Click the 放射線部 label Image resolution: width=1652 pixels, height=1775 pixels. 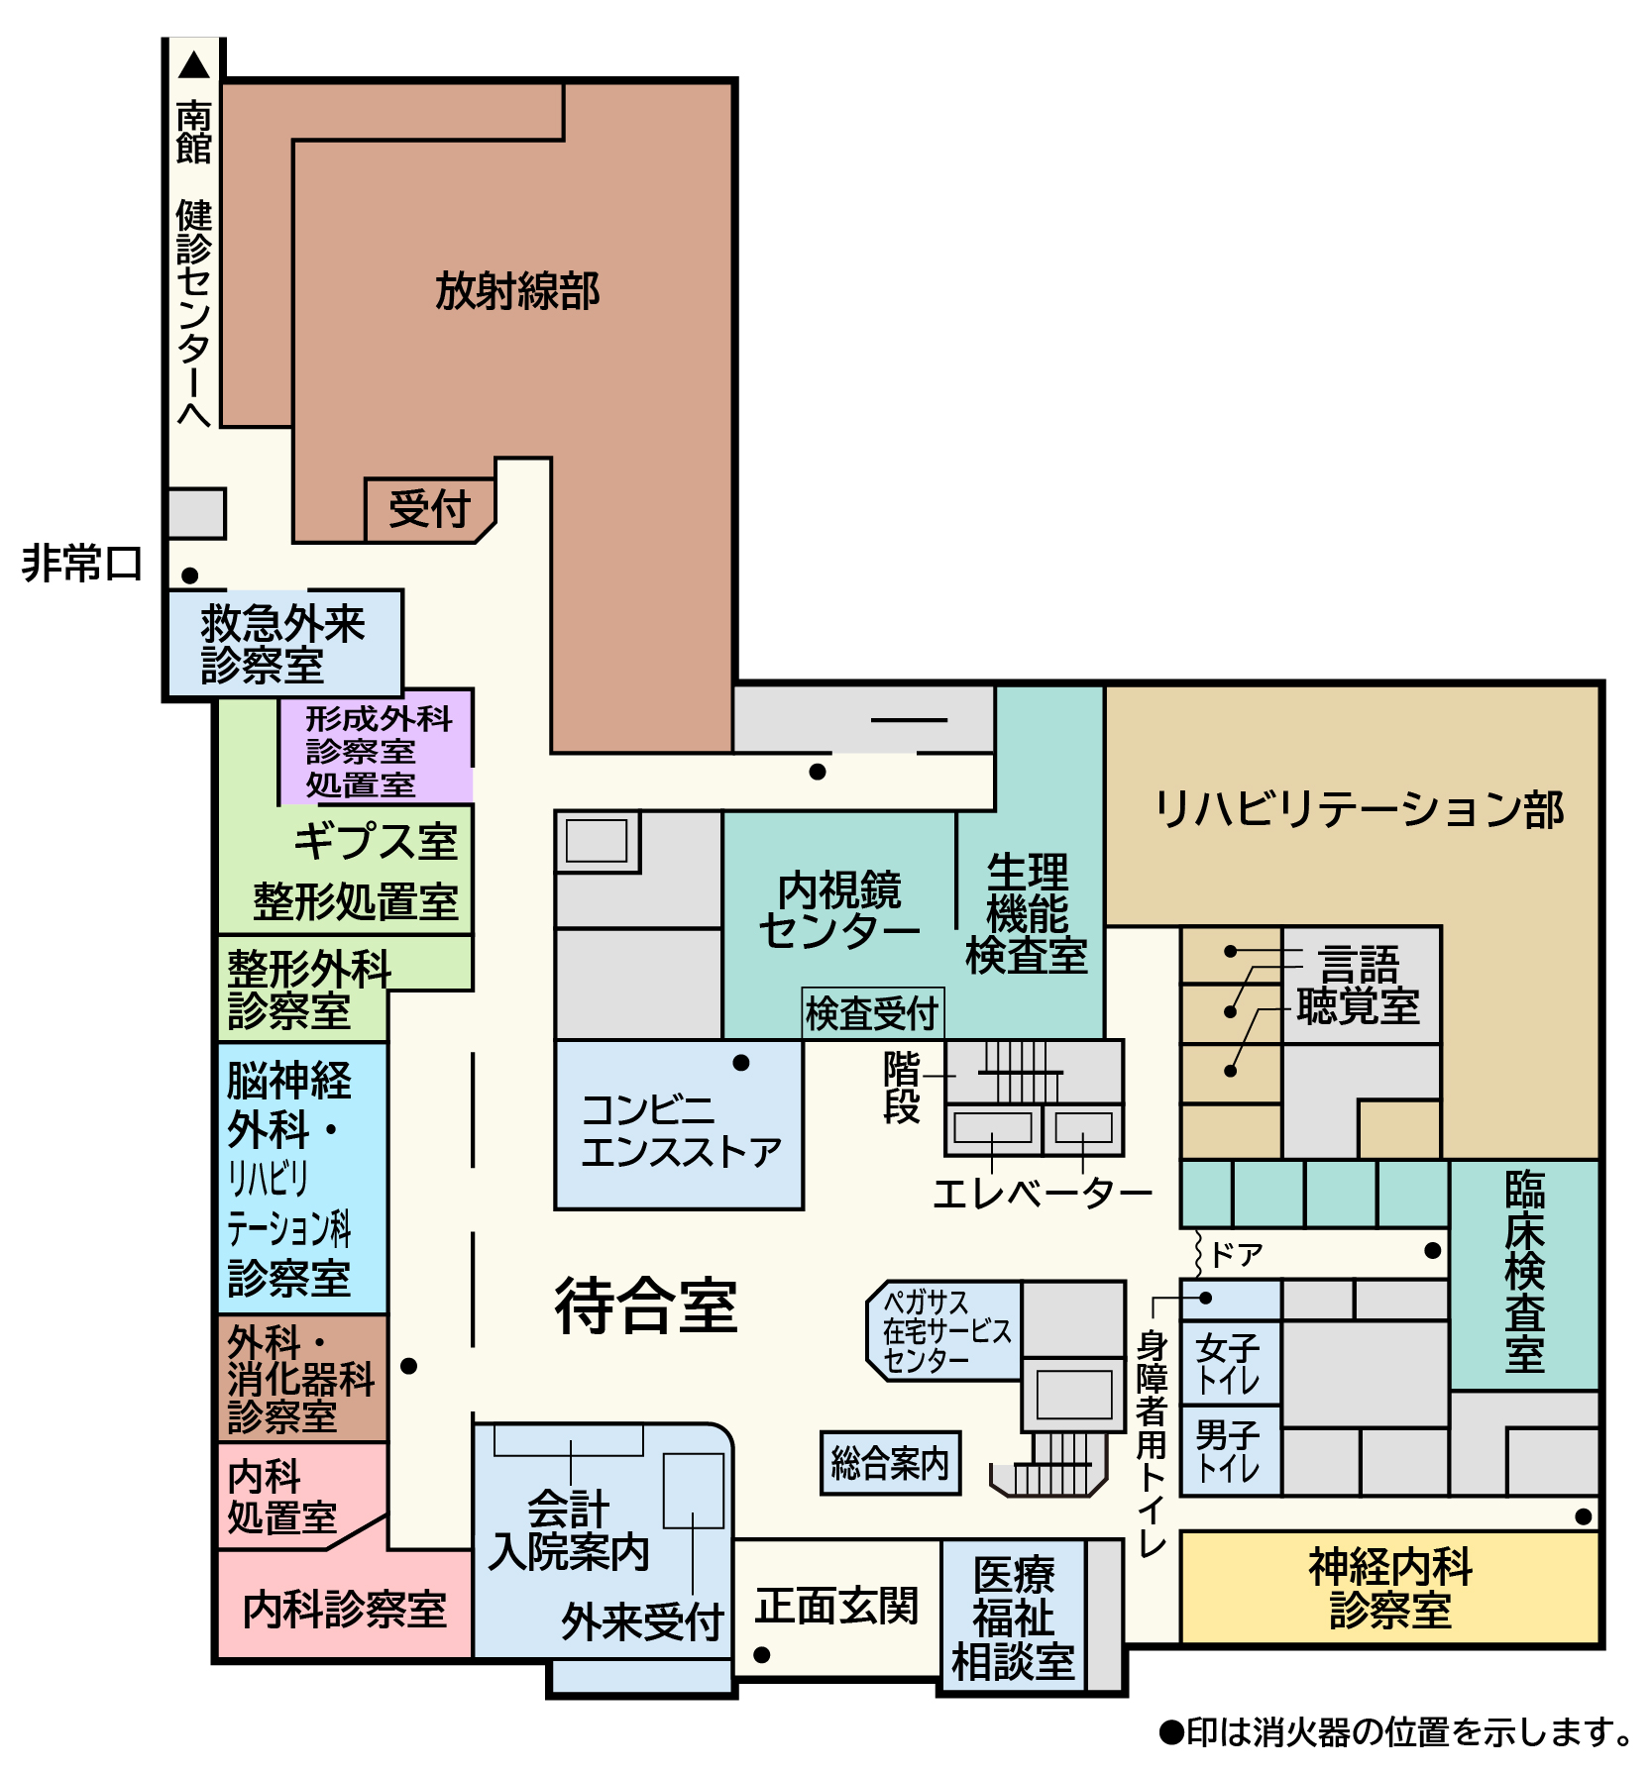pyautogui.click(x=517, y=291)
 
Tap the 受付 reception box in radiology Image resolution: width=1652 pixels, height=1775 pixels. pyautogui.click(x=430, y=510)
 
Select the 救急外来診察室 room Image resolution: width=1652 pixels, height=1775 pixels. pyautogui.click(x=284, y=644)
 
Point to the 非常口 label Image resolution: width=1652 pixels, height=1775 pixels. pyautogui.click(x=82, y=564)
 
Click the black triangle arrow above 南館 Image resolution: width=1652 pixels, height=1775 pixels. pyautogui.click(x=194, y=65)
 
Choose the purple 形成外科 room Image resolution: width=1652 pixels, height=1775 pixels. pyautogui.click(x=377, y=747)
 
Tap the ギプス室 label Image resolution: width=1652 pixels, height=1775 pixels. pyautogui.click(x=376, y=842)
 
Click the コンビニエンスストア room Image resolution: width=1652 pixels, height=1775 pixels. pyautogui.click(x=679, y=1125)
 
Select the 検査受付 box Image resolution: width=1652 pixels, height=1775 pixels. pyautogui.click(x=872, y=1013)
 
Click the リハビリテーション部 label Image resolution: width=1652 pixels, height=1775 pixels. pyautogui.click(x=1359, y=809)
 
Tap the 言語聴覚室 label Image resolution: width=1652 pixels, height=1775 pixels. pyautogui.click(x=1359, y=986)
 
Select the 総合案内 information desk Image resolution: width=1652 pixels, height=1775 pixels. pyautogui.click(x=890, y=1463)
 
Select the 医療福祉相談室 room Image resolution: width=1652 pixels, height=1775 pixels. pyautogui.click(x=1013, y=1617)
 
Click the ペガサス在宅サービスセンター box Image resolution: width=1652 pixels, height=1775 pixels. pyautogui.click(x=945, y=1331)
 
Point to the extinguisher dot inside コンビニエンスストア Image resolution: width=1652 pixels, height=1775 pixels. pyautogui.click(x=741, y=1063)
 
